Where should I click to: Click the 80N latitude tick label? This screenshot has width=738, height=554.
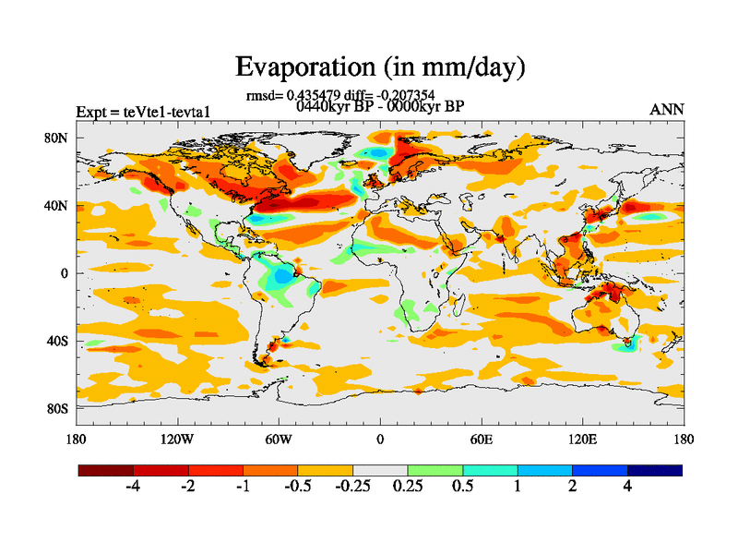click(58, 138)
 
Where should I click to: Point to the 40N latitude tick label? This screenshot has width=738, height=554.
click(58, 205)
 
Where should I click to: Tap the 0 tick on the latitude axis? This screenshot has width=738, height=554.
click(65, 273)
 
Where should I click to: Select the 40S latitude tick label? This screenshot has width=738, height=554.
click(58, 341)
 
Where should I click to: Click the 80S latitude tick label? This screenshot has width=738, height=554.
click(58, 408)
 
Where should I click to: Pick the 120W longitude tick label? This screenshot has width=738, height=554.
click(177, 439)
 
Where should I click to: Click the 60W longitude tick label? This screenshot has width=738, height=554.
click(279, 439)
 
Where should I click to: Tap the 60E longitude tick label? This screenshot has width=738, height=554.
click(481, 439)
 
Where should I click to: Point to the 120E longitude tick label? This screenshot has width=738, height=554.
click(582, 439)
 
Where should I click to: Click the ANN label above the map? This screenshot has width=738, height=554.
click(667, 110)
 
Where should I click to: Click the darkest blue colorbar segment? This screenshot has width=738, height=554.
click(655, 470)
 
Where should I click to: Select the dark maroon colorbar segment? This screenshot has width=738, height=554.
click(106, 470)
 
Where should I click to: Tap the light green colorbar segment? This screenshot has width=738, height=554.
click(435, 470)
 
